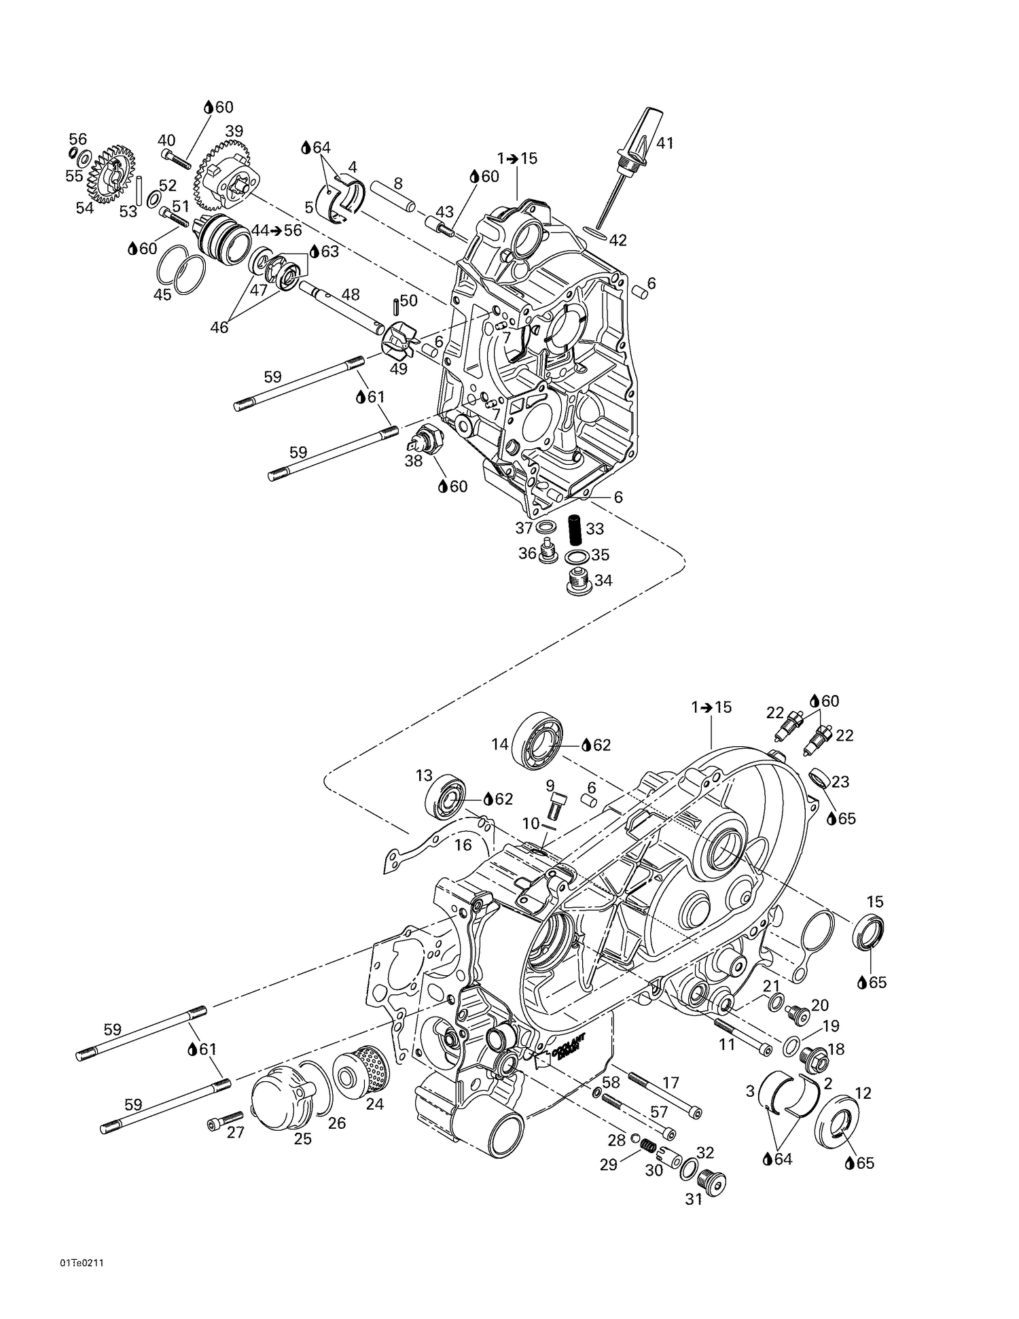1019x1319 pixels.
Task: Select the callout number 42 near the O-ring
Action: [x=618, y=240]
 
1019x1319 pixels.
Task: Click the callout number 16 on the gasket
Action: [x=463, y=845]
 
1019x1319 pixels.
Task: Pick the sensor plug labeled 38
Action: [x=427, y=436]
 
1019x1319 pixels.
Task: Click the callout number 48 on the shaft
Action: [x=350, y=294]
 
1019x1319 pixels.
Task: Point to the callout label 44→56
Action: [x=276, y=230]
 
